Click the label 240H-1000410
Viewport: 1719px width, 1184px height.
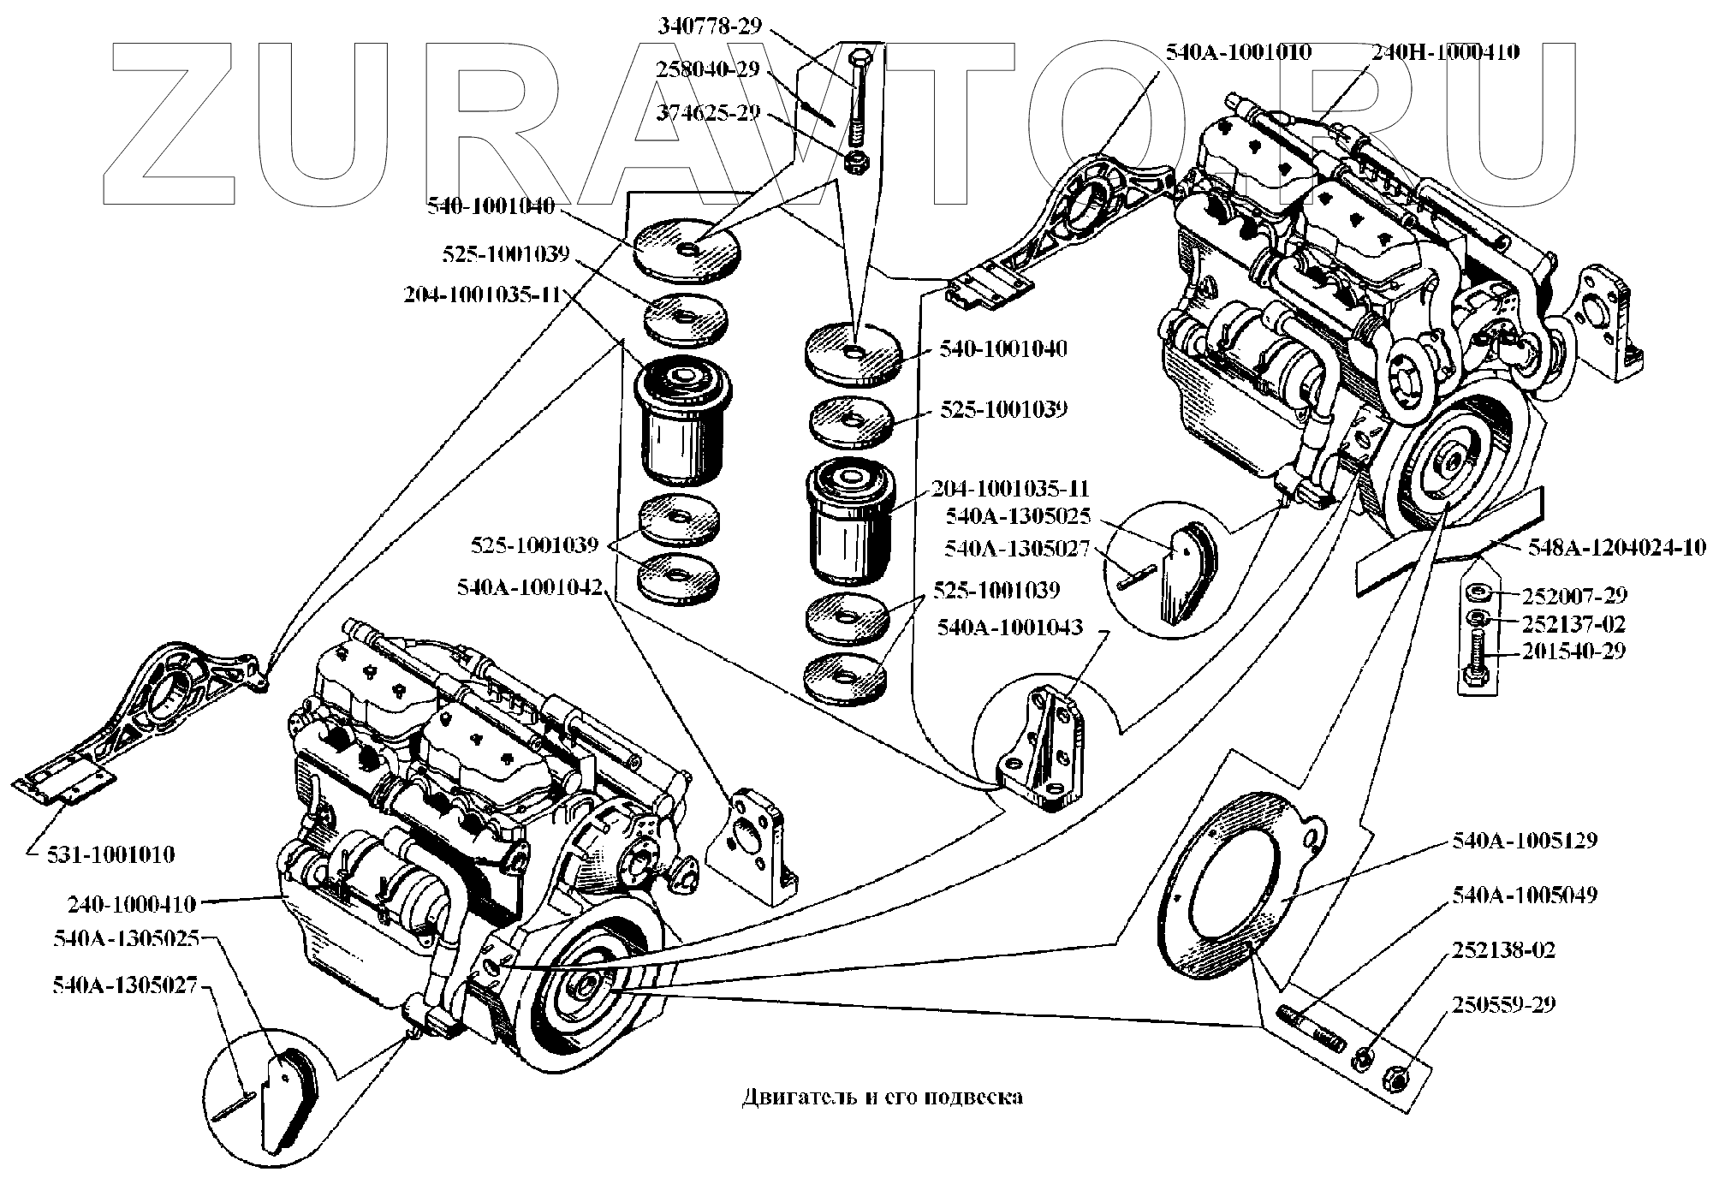(1446, 51)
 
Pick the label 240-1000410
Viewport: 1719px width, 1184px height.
(132, 904)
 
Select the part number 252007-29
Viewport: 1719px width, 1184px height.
(1574, 595)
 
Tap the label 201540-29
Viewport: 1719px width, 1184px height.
(1573, 651)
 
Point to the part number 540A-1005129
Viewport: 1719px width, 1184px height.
(1525, 840)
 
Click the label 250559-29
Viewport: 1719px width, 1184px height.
(1503, 1003)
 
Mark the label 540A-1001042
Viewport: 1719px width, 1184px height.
(530, 588)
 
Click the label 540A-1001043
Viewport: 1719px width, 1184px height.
(1009, 628)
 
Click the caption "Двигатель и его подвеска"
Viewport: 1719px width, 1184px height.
(882, 1097)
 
